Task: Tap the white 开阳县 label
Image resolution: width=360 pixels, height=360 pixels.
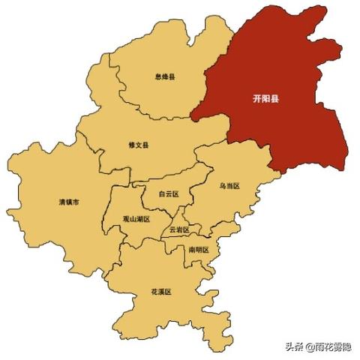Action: [x=265, y=98]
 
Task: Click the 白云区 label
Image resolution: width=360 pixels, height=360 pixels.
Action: [x=168, y=193]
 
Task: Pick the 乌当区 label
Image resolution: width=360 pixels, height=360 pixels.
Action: [x=229, y=184]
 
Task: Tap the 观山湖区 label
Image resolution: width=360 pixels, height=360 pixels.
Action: [x=136, y=219]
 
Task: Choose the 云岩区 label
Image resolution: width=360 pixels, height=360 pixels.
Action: [x=179, y=229]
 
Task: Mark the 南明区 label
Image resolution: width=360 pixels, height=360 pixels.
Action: [x=198, y=249]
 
